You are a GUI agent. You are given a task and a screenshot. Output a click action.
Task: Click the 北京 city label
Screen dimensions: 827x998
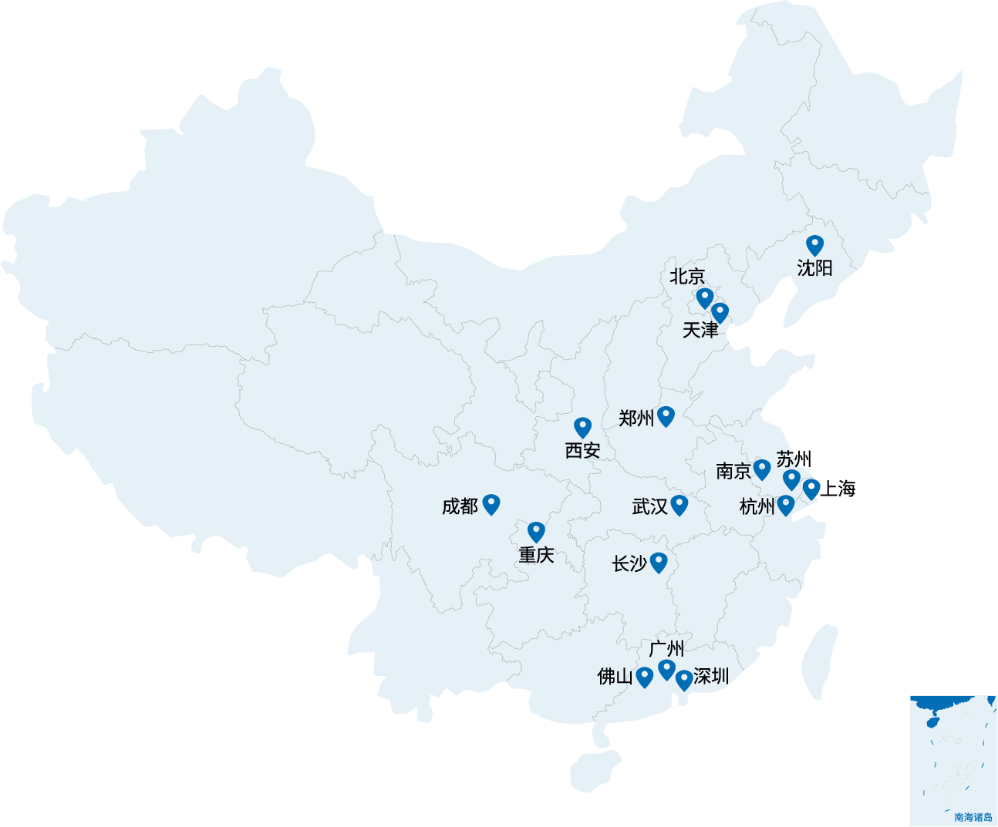coord(687,276)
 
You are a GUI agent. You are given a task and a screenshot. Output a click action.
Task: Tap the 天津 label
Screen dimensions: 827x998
coord(700,330)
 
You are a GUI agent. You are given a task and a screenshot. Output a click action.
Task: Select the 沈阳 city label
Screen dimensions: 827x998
coord(815,267)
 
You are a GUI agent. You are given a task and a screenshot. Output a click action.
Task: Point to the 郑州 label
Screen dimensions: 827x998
coord(636,419)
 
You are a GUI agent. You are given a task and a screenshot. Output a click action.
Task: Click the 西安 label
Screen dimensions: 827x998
coord(582,450)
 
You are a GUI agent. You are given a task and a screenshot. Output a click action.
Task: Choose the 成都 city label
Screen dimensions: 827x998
coord(460,506)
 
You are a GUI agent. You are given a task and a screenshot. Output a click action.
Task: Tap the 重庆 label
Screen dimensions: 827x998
coord(536,555)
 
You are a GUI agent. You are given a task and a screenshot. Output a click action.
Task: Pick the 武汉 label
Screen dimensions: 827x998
coord(649,506)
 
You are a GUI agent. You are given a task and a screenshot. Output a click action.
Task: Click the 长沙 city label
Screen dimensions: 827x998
coord(629,563)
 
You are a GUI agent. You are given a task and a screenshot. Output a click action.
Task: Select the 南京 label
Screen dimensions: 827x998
coord(733,471)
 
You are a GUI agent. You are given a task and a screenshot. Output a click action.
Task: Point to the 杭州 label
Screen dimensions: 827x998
coord(757,506)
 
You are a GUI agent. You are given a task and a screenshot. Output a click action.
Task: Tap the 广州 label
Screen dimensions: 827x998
coord(666,649)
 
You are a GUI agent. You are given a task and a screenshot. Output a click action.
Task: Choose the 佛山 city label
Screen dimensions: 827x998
coord(615,677)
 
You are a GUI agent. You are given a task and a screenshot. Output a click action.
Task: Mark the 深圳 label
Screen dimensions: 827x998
coord(711,676)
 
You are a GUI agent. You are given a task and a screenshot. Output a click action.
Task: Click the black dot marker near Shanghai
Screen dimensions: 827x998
coord(811,486)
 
